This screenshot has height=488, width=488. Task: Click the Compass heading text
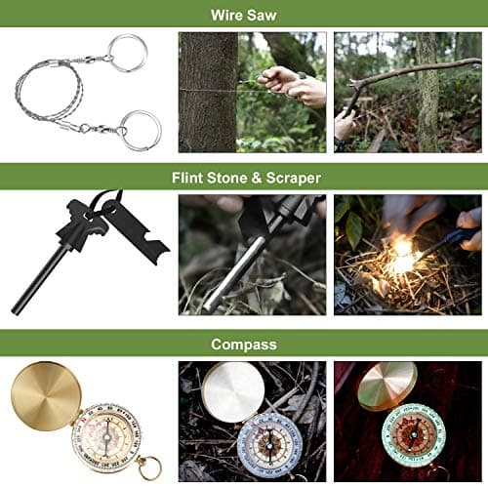(244, 344)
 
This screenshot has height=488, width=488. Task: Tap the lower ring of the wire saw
(141, 130)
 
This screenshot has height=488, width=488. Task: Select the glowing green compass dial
(421, 437)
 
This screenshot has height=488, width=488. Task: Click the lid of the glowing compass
(387, 386)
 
